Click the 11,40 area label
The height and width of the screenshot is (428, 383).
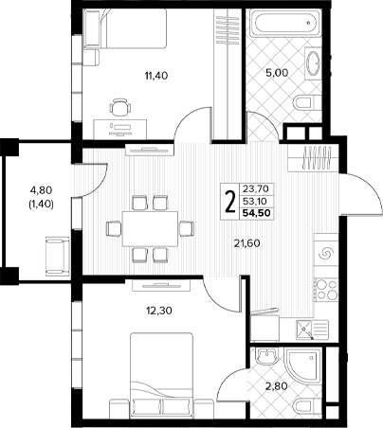click(x=156, y=76)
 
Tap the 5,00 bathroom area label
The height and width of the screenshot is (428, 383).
click(x=277, y=73)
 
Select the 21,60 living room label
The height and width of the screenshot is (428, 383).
click(x=247, y=243)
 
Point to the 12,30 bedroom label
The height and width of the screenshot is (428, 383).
click(x=159, y=311)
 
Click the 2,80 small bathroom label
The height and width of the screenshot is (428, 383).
click(x=277, y=385)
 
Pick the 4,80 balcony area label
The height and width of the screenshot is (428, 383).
click(x=41, y=190)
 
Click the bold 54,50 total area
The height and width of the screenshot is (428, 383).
click(x=257, y=213)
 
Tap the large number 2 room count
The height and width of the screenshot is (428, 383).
click(x=230, y=202)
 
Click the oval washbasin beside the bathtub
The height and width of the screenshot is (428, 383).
click(x=313, y=63)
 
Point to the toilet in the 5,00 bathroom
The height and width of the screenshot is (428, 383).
click(x=307, y=102)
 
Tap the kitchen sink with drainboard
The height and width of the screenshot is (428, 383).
click(x=312, y=330)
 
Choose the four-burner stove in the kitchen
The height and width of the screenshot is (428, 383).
click(x=327, y=289)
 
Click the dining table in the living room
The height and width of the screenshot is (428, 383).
click(x=151, y=229)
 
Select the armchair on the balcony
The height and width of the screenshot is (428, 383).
click(x=58, y=257)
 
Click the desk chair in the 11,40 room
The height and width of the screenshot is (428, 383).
click(x=120, y=107)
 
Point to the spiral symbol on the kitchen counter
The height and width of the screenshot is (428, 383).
click(x=326, y=254)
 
